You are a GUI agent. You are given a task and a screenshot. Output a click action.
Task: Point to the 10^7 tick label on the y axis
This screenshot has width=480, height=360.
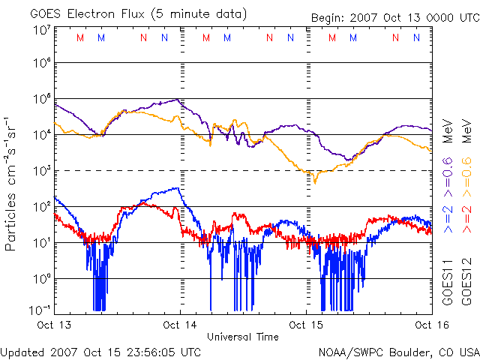(41, 31)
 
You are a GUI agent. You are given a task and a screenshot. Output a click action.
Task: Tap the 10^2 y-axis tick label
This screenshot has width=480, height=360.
(41, 206)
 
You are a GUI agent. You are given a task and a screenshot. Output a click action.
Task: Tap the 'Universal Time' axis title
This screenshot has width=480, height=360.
(242, 337)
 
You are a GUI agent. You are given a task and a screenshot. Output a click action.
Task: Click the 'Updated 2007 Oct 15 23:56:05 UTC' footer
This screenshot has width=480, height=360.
(100, 351)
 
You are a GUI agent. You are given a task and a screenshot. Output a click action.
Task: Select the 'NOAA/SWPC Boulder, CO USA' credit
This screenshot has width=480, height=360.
(398, 351)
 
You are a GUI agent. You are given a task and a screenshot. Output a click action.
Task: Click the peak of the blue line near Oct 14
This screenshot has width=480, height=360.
(176, 188)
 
